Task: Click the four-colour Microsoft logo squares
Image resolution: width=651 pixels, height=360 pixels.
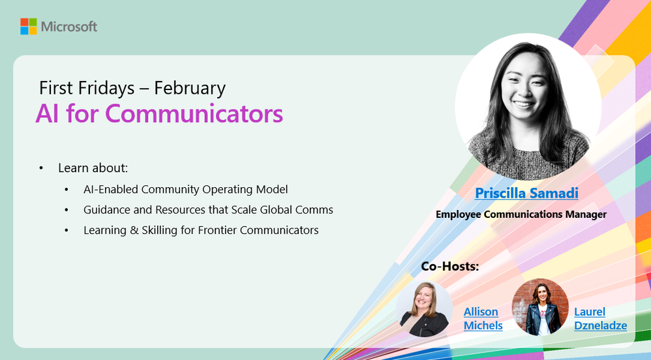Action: click(28, 26)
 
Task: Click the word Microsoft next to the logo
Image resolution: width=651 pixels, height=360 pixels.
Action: click(68, 27)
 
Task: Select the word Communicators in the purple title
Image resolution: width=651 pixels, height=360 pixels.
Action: click(194, 113)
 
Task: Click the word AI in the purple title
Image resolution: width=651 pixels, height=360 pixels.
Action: click(46, 113)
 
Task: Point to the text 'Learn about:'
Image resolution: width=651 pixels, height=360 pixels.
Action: click(93, 168)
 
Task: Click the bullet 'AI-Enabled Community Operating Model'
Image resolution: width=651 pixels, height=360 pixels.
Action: click(185, 190)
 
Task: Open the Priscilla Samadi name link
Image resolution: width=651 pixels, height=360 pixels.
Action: click(526, 193)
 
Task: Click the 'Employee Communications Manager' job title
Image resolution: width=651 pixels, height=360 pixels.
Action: click(521, 214)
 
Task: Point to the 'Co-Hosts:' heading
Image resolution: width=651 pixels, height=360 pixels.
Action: click(450, 266)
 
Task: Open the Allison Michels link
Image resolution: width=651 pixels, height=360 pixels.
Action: click(483, 318)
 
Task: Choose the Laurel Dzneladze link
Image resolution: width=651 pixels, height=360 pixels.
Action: click(599, 318)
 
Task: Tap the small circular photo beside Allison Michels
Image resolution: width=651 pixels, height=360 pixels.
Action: click(425, 308)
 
